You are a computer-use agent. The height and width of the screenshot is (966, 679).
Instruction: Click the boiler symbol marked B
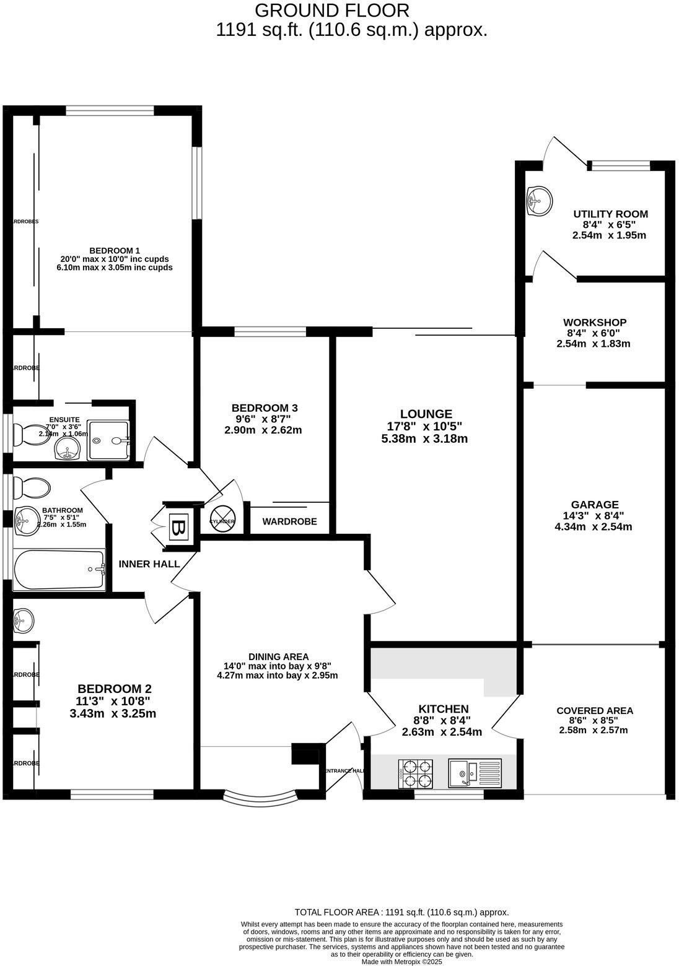point(178,528)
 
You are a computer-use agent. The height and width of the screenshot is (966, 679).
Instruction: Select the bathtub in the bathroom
point(59,569)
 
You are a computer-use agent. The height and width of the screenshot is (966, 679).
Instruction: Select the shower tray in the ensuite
point(109,440)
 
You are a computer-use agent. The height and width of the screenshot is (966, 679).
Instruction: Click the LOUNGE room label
point(426,414)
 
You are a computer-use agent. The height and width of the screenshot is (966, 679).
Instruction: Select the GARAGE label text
point(595,505)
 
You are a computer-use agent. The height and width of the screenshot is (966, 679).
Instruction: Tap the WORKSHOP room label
point(594,323)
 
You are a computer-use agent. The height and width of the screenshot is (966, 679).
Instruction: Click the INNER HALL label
point(149,564)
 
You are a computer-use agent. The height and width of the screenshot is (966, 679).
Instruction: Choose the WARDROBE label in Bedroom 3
point(289,522)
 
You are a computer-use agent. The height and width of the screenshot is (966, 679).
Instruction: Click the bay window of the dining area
point(259,798)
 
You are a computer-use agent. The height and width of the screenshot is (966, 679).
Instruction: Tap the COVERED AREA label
point(595,710)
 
